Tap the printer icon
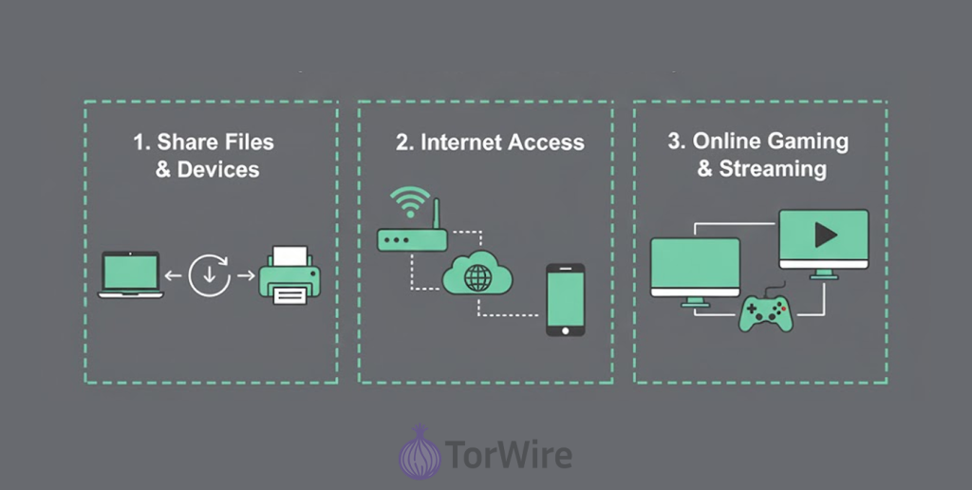(290, 275)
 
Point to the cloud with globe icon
(477, 277)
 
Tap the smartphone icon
(565, 299)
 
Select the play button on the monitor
(825, 235)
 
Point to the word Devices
(217, 170)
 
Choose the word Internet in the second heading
(462, 142)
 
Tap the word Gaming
(809, 141)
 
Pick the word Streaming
(772, 169)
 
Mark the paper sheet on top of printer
(290, 254)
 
